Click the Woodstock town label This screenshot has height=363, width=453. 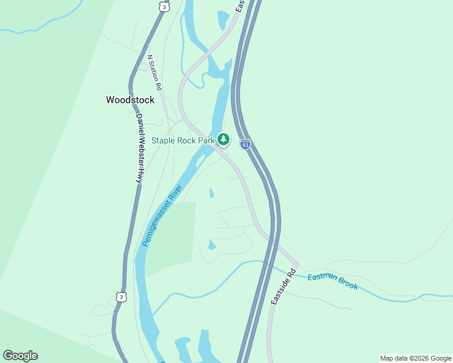click(130, 100)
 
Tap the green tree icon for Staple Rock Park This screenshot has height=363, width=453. click(223, 140)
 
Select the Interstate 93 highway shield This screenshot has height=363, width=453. click(245, 144)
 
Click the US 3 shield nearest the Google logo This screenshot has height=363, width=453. click(122, 297)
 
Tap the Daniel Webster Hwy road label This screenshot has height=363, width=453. click(139, 148)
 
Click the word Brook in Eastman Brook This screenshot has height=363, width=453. click(349, 285)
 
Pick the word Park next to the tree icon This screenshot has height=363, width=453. click(207, 140)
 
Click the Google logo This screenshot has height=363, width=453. click(20, 356)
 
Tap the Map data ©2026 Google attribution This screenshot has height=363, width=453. click(415, 358)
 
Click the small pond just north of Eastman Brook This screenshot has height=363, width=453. click(212, 245)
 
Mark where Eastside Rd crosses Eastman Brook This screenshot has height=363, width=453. click(294, 267)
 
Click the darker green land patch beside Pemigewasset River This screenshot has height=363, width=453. click(173, 236)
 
